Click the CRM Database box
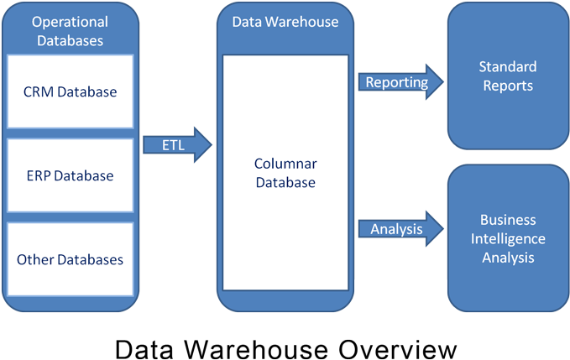click(x=70, y=91)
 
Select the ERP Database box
click(x=70, y=175)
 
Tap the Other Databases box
click(x=70, y=259)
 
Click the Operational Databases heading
click(x=70, y=30)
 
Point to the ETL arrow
click(x=177, y=145)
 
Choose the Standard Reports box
click(x=507, y=76)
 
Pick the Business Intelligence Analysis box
click(x=507, y=238)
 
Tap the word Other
click(x=34, y=259)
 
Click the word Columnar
click(x=285, y=163)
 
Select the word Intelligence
click(x=507, y=238)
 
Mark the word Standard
click(x=507, y=66)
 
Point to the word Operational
click(x=70, y=21)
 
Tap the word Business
click(x=507, y=220)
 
